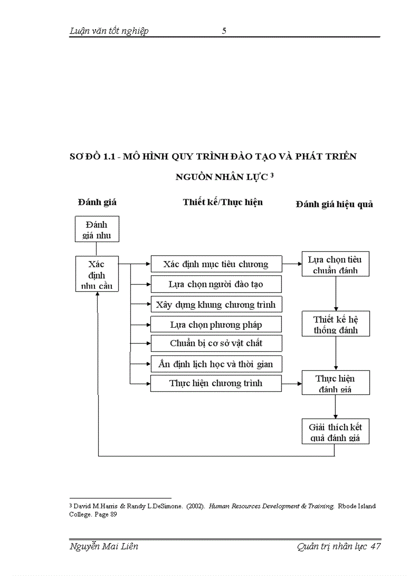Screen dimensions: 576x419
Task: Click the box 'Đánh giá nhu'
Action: coord(96,229)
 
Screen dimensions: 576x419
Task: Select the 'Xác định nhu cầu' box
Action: coord(97,274)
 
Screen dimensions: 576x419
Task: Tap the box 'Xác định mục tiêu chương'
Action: coord(216,264)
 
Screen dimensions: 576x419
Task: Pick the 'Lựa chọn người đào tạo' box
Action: coord(216,284)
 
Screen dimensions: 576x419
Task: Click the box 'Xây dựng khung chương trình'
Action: coord(216,304)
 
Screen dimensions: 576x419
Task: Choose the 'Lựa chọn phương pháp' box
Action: coord(216,324)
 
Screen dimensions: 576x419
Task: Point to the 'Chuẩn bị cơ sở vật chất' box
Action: coord(216,343)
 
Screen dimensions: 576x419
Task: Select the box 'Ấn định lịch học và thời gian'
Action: coord(216,364)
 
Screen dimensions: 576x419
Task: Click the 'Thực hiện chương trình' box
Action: coord(216,383)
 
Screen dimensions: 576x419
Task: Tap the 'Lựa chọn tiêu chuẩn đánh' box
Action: coord(335,265)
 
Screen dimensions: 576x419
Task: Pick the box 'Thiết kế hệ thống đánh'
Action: coord(335,324)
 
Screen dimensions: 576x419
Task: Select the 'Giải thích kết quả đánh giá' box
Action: coord(335,432)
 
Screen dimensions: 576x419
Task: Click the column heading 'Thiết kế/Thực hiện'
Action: coord(223,202)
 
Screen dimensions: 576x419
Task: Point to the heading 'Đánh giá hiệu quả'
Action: coord(334,204)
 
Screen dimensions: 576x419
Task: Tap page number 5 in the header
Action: coord(224,31)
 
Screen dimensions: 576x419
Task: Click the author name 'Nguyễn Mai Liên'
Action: coord(104,546)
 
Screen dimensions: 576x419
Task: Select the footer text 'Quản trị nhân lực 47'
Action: coord(338,546)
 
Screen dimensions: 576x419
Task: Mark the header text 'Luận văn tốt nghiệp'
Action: coord(109,31)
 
